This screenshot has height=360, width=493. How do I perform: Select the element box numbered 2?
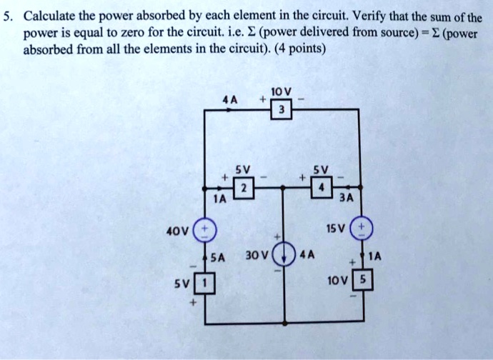(x=244, y=188)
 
